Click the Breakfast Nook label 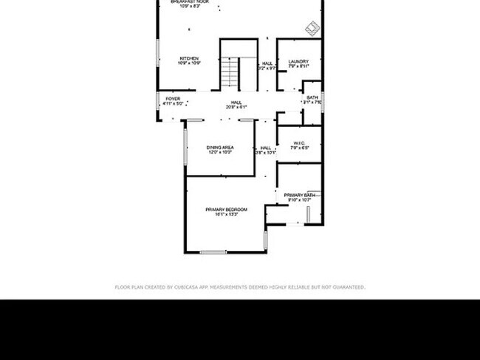click(190, 2)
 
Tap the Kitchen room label click(189, 58)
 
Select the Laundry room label click(298, 61)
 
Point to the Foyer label click(172, 98)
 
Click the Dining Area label click(219, 148)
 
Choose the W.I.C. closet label click(299, 143)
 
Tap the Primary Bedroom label click(226, 210)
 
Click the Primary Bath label click(300, 195)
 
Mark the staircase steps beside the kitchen click(230, 73)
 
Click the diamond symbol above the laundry click(312, 28)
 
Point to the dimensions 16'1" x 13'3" click(226, 215)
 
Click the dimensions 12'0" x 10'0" click(219, 153)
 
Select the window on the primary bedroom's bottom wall click(213, 252)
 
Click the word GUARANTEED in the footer click(348, 287)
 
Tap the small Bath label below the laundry click(312, 97)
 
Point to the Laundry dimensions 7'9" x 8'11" click(298, 66)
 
